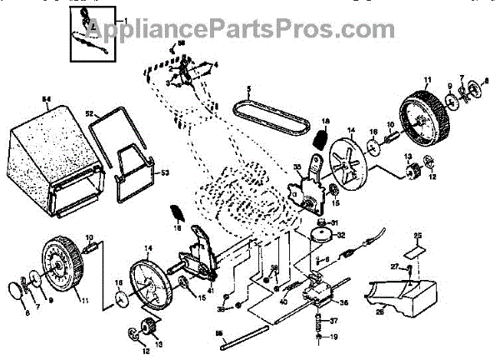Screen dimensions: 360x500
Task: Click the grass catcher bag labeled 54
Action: (x=54, y=154)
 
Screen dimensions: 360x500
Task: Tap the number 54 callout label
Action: (x=47, y=100)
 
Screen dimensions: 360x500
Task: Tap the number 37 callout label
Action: (x=335, y=320)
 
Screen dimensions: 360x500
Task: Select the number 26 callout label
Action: (x=379, y=314)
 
